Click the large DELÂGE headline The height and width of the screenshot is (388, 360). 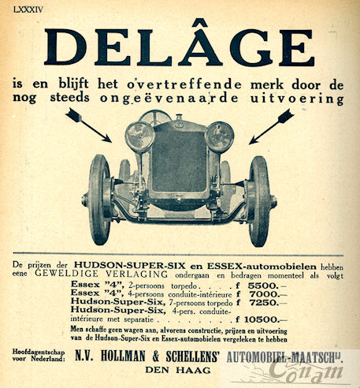click(179, 47)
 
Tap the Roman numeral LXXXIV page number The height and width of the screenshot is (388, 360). click(26, 8)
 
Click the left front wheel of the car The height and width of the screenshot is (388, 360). click(100, 200)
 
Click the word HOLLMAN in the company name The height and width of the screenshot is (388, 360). click(117, 356)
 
